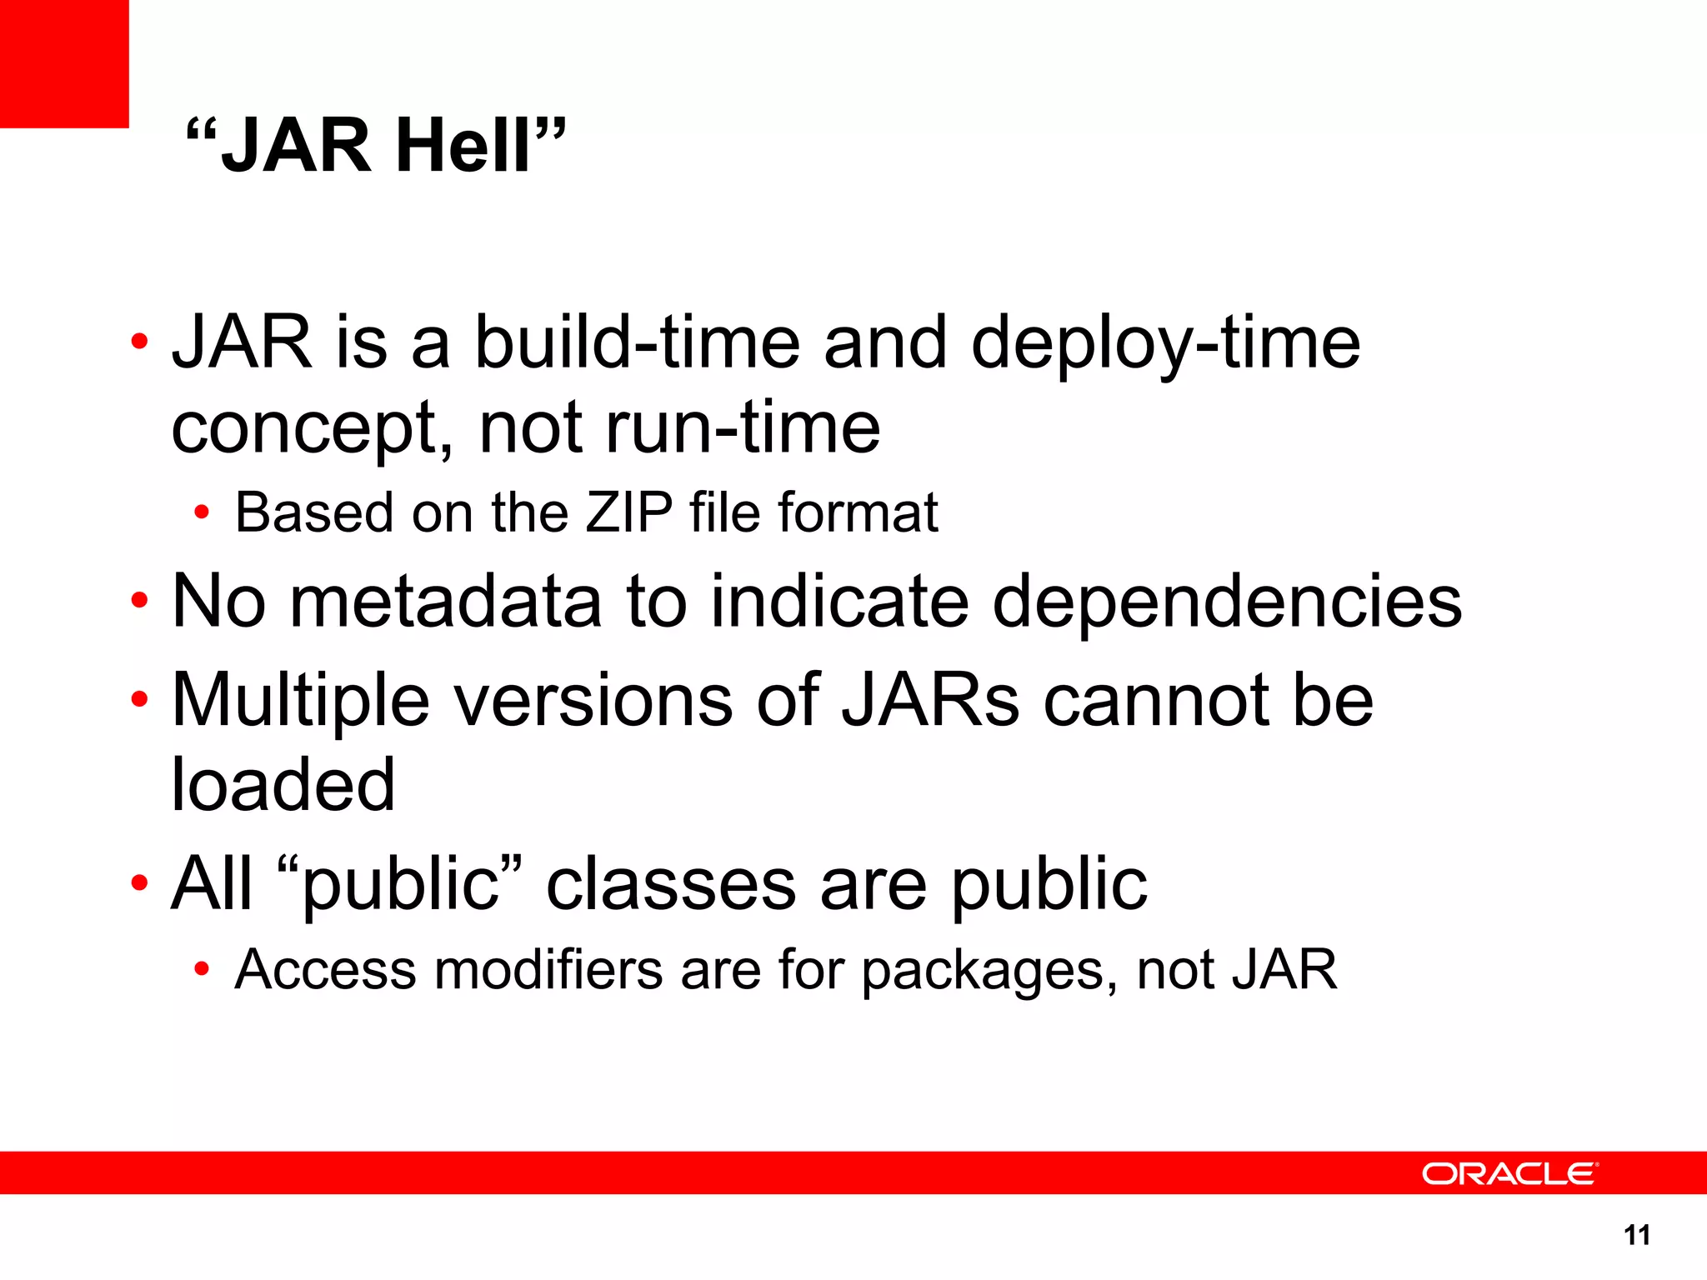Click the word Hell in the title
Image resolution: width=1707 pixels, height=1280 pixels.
point(463,147)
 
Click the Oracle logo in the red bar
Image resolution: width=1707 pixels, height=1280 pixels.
point(1509,1174)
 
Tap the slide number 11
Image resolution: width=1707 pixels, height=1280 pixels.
point(1637,1235)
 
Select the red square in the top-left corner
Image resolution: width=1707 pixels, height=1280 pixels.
point(64,63)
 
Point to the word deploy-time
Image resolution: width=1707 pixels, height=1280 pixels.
point(1165,344)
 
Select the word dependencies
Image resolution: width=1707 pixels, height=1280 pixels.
point(1227,602)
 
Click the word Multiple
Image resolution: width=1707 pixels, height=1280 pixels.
point(300,702)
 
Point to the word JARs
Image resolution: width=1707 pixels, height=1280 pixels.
point(930,700)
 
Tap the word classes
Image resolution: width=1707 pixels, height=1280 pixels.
point(671,884)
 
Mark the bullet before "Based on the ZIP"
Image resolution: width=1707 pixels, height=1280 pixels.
point(201,512)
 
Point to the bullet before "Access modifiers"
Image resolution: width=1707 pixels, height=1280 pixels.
point(201,969)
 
